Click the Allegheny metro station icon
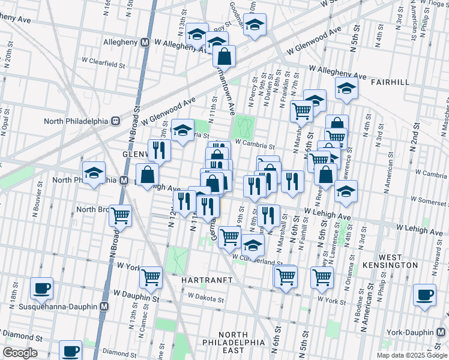[145, 43]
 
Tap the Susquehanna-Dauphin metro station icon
[104, 306]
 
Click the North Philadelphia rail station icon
[113, 120]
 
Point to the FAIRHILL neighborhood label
[389, 82]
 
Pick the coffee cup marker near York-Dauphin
[425, 295]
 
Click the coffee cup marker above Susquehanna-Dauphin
[41, 289]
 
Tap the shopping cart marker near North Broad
[121, 215]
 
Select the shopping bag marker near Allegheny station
[224, 57]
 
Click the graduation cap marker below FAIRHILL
[346, 89]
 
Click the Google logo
[20, 353]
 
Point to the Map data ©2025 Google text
[412, 355]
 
